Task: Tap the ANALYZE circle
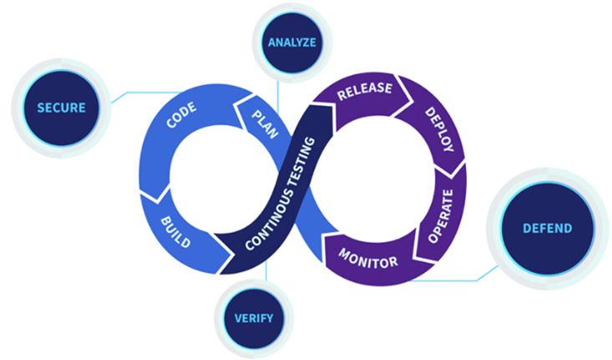(291, 42)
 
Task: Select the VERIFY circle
(254, 317)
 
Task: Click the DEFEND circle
(547, 227)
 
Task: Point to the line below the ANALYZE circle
(292, 84)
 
